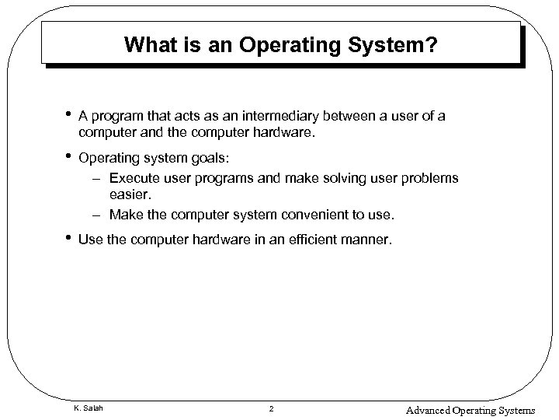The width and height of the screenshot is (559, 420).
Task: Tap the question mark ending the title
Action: [432, 47]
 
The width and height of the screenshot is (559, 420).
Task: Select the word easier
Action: [128, 195]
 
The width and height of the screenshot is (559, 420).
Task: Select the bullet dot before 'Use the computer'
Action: [70, 240]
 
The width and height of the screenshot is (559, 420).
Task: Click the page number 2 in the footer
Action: [271, 408]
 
